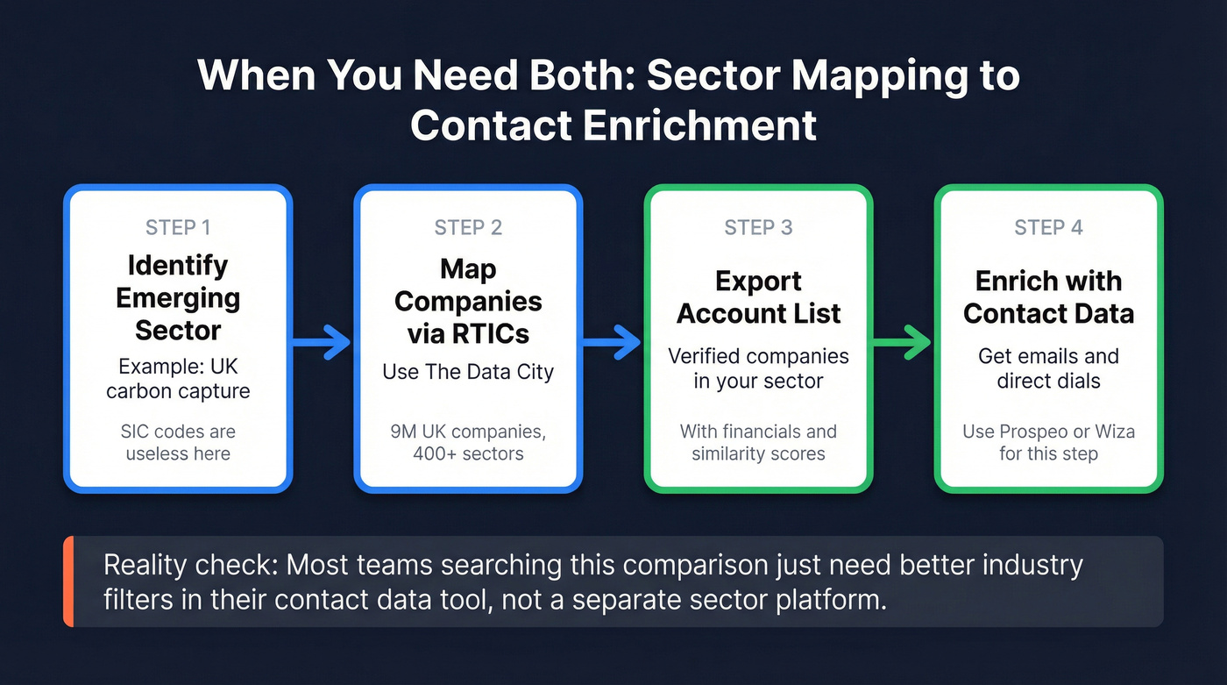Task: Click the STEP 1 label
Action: (178, 228)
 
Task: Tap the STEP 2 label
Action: (468, 228)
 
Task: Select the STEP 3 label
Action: (758, 228)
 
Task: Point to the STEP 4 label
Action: (1048, 228)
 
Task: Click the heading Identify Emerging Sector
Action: (178, 297)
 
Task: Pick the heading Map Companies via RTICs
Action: (468, 301)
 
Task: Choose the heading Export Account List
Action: (758, 297)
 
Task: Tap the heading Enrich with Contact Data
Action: (1048, 297)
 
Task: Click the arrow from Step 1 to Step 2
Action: (322, 342)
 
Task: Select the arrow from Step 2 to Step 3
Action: (612, 342)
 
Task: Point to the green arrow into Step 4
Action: (902, 342)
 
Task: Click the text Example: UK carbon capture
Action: (178, 378)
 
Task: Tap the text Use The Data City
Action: (468, 372)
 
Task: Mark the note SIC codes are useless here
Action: (178, 443)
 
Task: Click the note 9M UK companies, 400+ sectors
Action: (468, 443)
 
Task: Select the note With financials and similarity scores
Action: (758, 443)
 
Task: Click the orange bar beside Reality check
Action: (68, 582)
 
